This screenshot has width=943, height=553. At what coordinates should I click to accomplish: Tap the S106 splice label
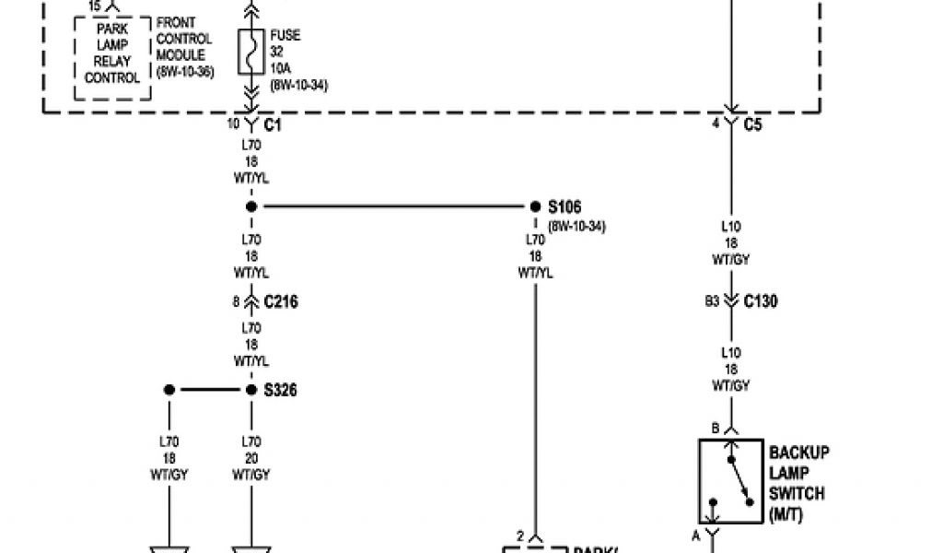565,206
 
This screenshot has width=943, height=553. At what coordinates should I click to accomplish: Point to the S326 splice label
280,390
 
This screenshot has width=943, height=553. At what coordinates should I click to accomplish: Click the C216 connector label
280,301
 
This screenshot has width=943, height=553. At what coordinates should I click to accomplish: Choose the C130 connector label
760,300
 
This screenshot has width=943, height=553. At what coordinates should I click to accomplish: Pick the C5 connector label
752,124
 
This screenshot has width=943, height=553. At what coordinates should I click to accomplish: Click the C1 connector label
273,124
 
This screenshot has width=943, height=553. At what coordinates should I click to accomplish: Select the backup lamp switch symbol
731,481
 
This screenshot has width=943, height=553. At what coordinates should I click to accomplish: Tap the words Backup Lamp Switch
798,483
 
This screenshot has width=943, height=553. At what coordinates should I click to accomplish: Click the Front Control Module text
184,39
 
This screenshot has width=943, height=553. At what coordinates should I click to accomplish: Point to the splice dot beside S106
534,206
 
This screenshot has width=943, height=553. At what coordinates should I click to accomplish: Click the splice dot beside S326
251,390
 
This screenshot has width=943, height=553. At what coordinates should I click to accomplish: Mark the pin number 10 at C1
232,124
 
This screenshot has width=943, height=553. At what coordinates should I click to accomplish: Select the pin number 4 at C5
716,124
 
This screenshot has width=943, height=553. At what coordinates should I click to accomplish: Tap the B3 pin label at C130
713,300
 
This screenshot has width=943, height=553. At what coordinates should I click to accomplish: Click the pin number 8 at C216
236,301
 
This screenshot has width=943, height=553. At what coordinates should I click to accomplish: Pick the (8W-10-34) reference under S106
576,226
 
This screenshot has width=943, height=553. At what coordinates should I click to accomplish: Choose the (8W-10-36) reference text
184,71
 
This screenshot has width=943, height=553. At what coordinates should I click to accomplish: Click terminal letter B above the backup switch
715,427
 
